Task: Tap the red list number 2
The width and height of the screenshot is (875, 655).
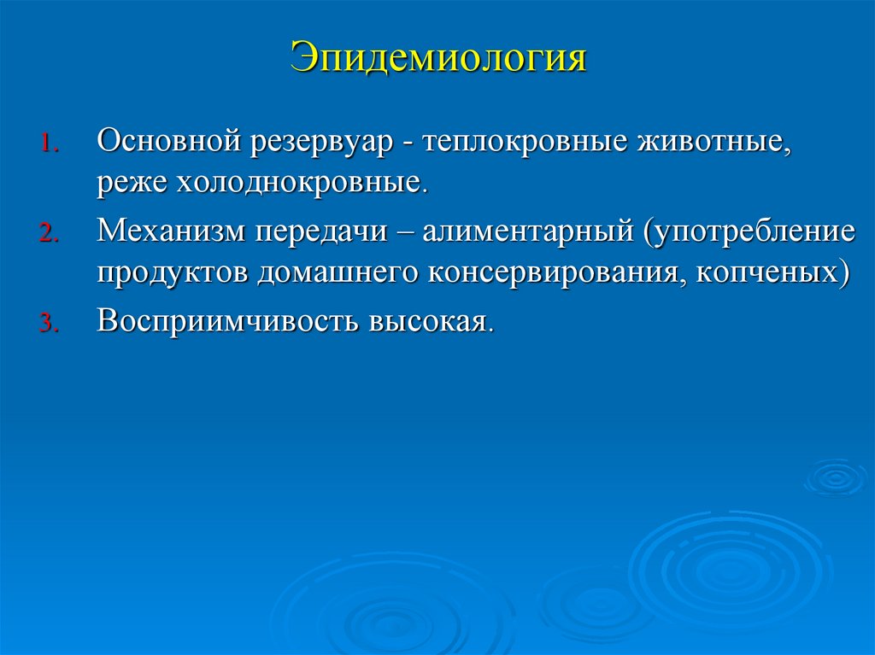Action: pyautogui.click(x=48, y=237)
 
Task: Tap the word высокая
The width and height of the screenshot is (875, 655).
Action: pyautogui.click(x=429, y=321)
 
